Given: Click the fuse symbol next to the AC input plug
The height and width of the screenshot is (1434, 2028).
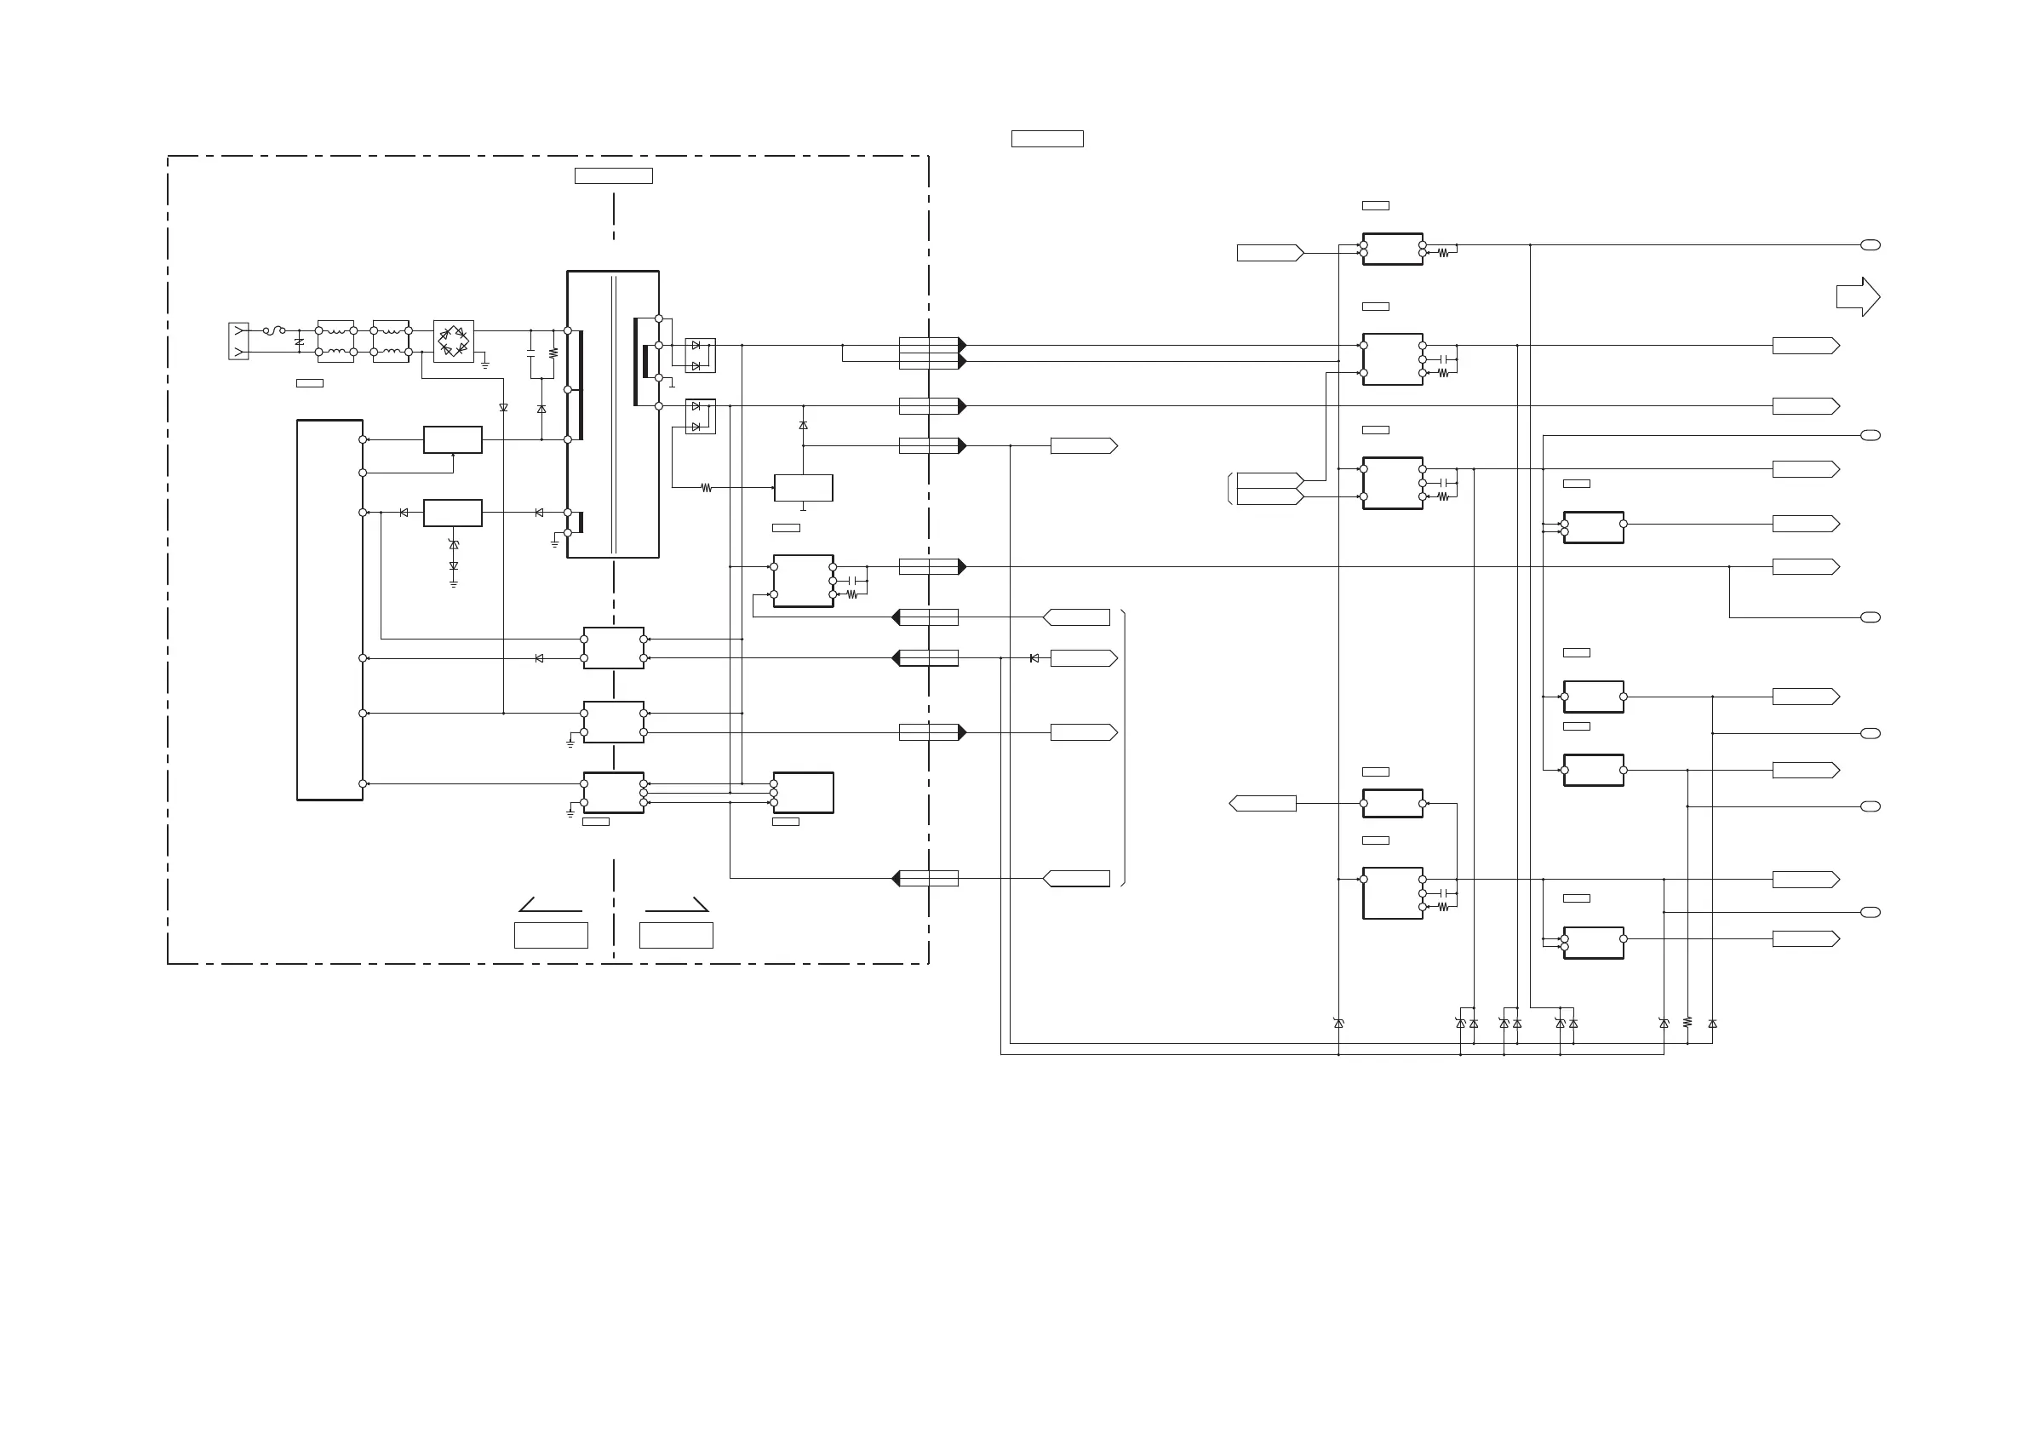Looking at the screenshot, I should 276,330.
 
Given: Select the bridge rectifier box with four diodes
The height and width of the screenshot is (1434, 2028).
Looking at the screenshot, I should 453,341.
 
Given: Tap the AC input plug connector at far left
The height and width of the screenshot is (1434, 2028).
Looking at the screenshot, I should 238,341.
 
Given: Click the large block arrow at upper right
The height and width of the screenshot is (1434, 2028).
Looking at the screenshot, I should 1858,297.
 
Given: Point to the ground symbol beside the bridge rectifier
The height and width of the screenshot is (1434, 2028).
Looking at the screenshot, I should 485,364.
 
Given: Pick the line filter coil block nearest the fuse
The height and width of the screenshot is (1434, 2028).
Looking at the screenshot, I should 335,341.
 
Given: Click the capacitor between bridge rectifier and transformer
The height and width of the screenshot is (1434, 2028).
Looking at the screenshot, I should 531,353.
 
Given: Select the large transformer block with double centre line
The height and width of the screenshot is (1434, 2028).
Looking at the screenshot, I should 613,414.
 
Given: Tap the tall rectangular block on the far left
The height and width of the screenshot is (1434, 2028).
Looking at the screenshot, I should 329,610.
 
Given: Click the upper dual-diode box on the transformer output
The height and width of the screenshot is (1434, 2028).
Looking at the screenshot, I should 701,355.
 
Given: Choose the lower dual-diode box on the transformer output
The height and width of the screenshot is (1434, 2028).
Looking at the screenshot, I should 701,416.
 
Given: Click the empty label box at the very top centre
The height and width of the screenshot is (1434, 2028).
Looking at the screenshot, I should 1046,139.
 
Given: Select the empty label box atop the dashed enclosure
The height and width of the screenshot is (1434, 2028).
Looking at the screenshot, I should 613,175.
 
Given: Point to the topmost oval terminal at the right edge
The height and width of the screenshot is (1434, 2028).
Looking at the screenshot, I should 1870,244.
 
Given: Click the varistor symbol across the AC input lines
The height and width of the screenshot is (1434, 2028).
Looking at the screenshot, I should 300,342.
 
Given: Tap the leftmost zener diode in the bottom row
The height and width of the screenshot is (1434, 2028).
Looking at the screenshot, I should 1338,1024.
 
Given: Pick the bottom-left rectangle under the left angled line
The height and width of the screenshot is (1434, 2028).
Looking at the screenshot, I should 550,935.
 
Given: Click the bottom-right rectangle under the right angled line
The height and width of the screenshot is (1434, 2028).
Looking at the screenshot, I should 676,935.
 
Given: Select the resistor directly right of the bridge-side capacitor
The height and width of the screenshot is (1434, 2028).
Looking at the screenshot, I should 553,353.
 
